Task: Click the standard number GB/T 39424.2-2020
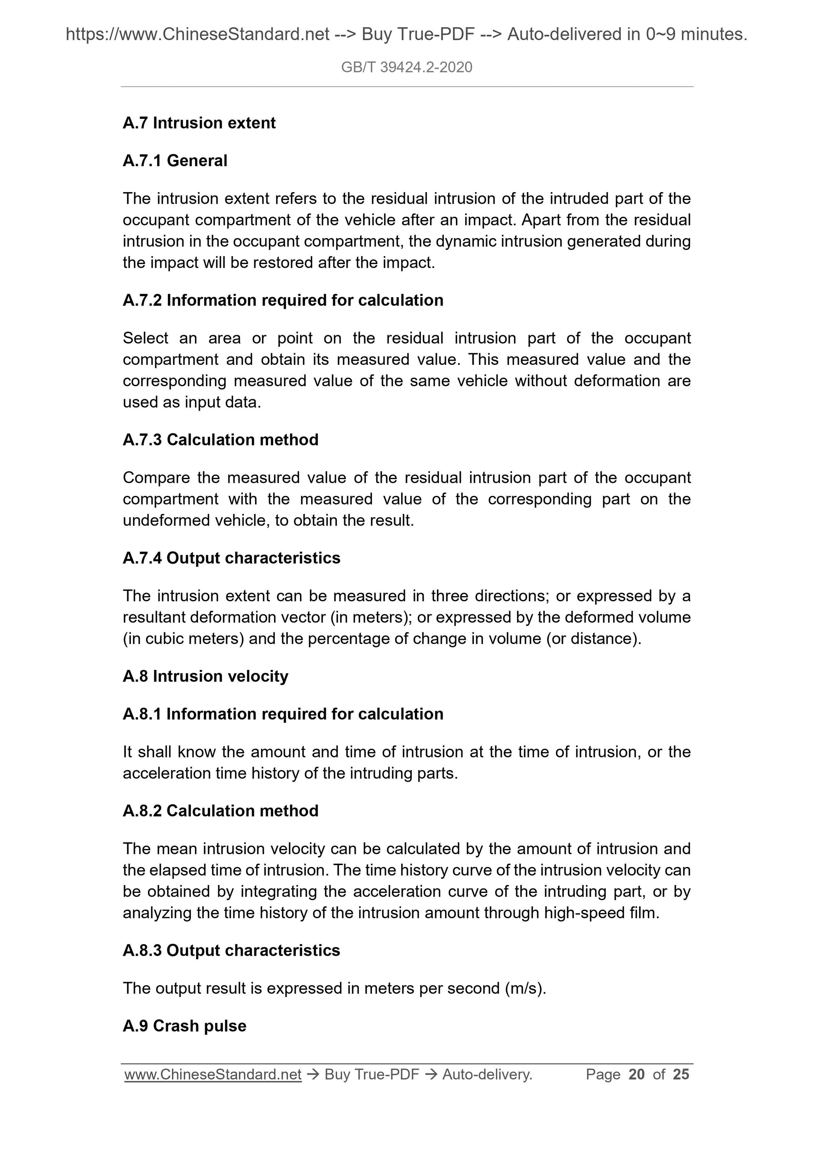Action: (406, 67)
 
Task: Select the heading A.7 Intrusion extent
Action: (199, 123)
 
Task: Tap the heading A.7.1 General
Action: (175, 161)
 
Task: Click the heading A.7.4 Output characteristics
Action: (231, 558)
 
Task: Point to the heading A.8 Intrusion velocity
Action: (206, 676)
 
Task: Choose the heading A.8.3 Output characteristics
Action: (231, 950)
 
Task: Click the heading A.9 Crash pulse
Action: (184, 1026)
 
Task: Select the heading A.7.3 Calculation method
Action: (221, 439)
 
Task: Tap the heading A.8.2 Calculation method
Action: (221, 811)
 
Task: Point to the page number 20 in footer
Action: (637, 1074)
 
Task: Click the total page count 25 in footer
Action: (681, 1074)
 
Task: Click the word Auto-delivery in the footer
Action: (486, 1074)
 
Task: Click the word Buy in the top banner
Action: (376, 34)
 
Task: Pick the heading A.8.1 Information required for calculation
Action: (283, 714)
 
